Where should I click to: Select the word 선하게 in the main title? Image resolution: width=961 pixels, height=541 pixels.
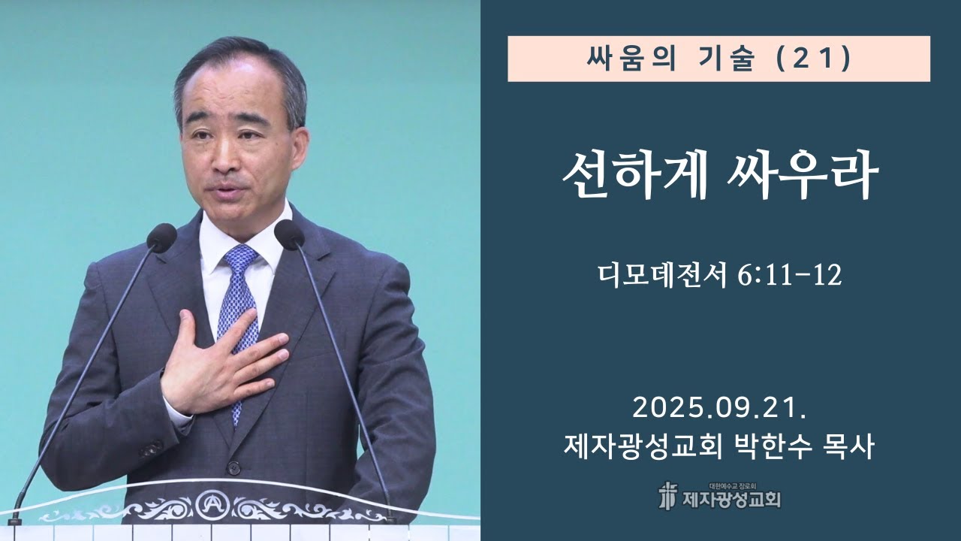pyautogui.click(x=635, y=177)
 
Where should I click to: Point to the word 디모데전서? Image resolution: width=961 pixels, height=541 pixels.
pyautogui.click(x=660, y=276)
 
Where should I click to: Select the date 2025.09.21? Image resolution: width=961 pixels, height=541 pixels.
pyautogui.click(x=719, y=410)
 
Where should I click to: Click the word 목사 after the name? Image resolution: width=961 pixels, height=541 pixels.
pyautogui.click(x=850, y=449)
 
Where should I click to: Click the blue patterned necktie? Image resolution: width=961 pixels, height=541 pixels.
pyautogui.click(x=239, y=301)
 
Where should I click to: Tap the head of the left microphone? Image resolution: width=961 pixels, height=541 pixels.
pyautogui.click(x=161, y=237)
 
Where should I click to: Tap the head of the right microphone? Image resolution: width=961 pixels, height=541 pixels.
pyautogui.click(x=289, y=234)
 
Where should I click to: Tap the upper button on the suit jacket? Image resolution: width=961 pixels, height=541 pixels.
pyautogui.click(x=234, y=467)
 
